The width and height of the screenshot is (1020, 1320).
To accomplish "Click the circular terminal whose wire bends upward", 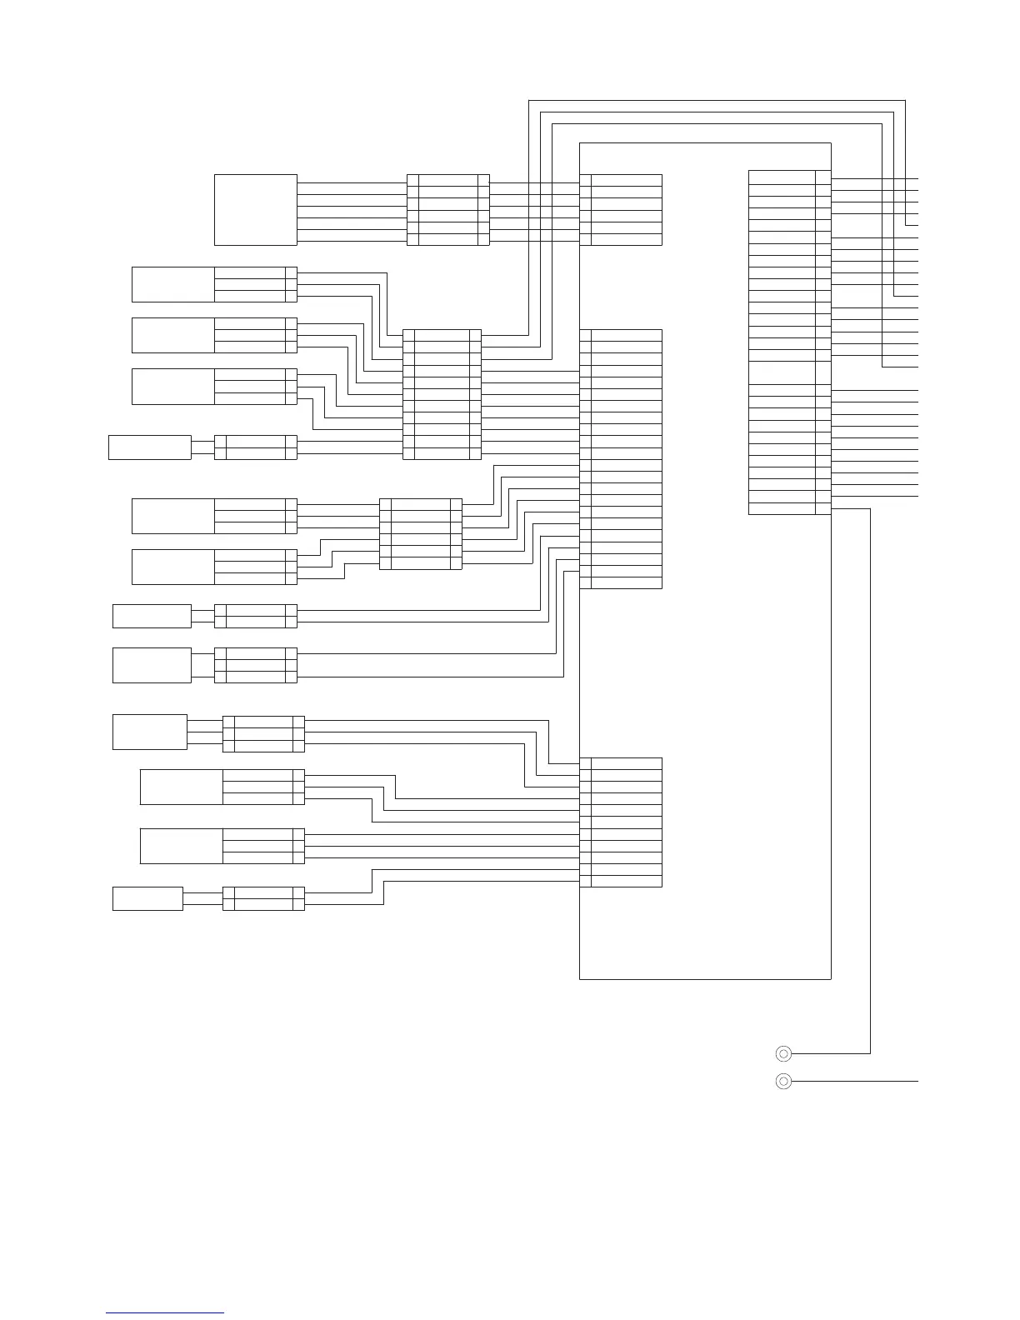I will point(783,1053).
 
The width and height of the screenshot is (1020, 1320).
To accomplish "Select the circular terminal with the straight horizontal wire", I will point(783,1082).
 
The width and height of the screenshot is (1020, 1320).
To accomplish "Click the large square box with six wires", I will point(255,210).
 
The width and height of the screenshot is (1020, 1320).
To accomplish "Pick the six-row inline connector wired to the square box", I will point(447,210).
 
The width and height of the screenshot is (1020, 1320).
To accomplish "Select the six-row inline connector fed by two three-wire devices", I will point(420,534).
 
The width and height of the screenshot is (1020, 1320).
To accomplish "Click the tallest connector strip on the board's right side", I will point(789,342).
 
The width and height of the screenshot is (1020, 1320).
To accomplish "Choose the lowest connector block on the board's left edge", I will point(621,822).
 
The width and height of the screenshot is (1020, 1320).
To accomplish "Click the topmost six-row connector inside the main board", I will point(621,210).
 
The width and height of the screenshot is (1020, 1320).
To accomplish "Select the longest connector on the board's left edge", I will point(621,459).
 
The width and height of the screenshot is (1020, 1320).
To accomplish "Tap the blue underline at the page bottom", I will point(165,1312).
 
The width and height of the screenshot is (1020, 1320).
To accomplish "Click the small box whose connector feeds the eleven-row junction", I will point(150,447).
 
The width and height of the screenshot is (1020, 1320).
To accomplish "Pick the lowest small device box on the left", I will point(147,899).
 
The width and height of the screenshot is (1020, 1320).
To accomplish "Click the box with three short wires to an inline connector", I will point(150,732).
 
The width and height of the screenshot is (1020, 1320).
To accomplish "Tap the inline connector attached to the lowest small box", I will point(263,899).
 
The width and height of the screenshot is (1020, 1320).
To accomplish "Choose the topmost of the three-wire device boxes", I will point(172,284).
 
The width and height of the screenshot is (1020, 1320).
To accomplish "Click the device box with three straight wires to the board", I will point(181,846).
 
